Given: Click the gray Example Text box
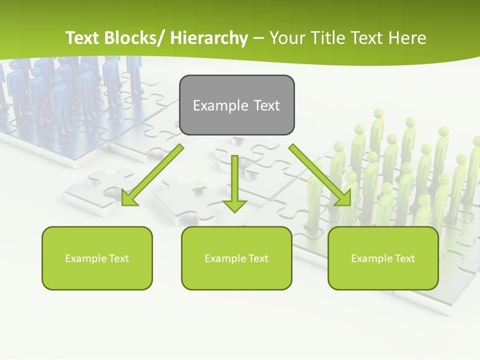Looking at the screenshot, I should click(236, 105).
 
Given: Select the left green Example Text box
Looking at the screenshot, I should click(97, 258).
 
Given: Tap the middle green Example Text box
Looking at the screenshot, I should click(236, 258).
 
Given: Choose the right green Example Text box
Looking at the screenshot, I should click(383, 258).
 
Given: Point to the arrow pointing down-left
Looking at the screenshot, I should click(152, 175).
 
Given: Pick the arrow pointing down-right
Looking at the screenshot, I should click(320, 175).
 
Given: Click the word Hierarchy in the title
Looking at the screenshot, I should click(209, 38).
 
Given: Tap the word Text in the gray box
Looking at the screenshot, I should click(266, 105).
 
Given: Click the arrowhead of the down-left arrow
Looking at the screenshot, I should click(129, 198).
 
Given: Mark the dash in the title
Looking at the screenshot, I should click(258, 38).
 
